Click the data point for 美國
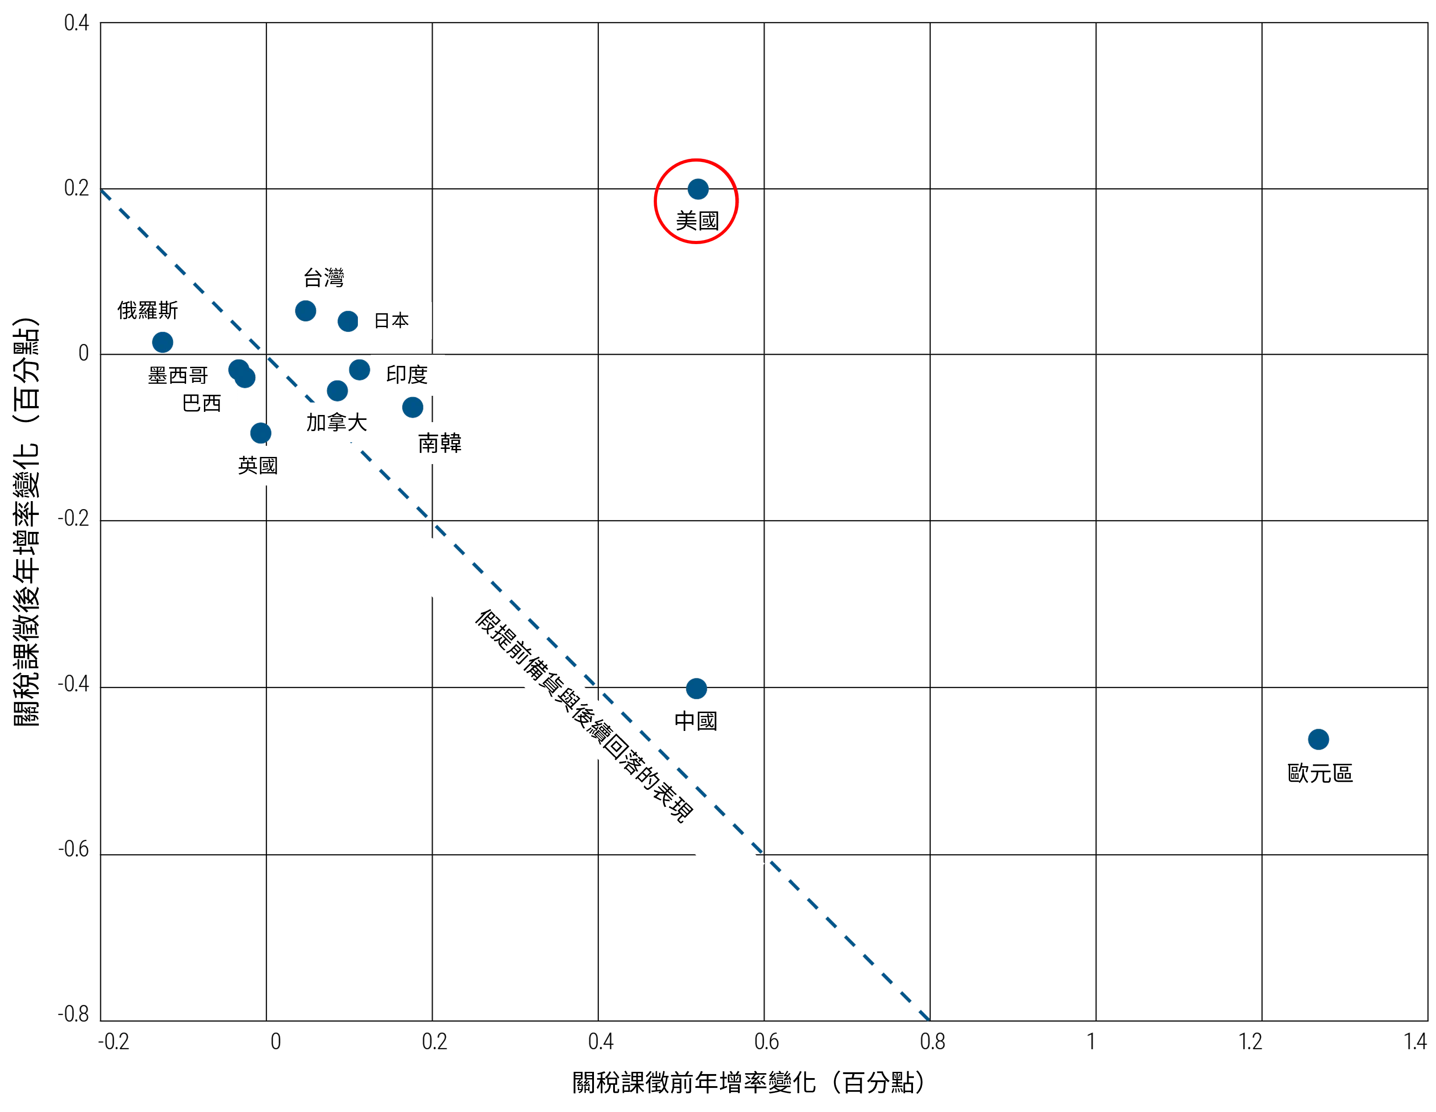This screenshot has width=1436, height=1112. coord(697,189)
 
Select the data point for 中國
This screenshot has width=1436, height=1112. coord(696,689)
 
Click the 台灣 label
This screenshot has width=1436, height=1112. coord(324,278)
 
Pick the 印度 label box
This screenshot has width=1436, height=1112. coord(407,375)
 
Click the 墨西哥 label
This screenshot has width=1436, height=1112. coord(178,375)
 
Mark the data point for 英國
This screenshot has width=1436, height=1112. coord(260,433)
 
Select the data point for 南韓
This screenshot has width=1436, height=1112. coord(412,408)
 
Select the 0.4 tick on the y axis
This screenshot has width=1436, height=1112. coord(76,23)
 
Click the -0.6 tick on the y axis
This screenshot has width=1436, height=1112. coord(73,850)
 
